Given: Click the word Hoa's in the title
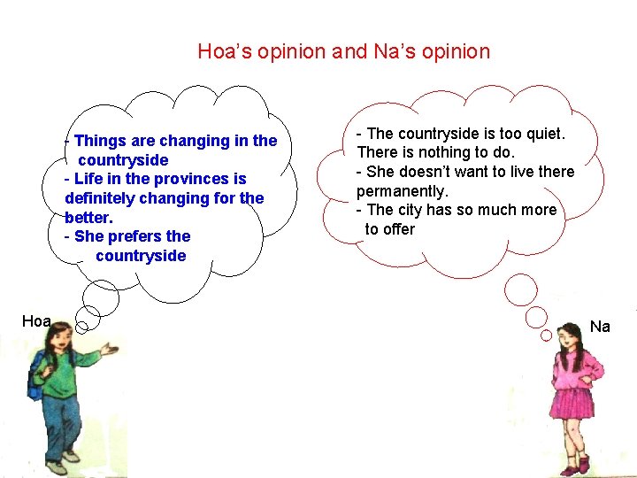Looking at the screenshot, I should point(225,51).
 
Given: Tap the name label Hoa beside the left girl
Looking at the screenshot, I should point(36,321).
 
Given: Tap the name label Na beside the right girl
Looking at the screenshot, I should point(600,327).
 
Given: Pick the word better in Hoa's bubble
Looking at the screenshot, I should point(88,217).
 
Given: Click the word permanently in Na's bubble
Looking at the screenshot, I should point(403,191).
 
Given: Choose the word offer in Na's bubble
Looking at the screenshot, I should point(398,229).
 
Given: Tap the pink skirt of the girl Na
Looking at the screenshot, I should point(573,402).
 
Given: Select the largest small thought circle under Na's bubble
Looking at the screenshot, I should point(520,289).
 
